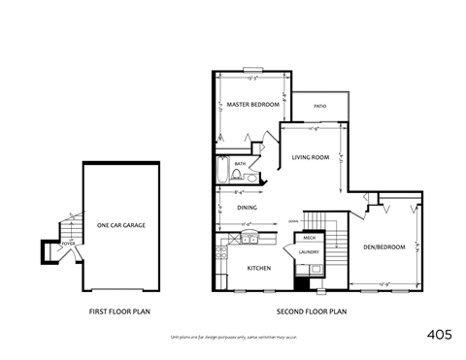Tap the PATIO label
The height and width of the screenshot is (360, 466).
319,106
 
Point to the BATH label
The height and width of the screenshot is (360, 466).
240,164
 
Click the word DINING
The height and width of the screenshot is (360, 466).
247,208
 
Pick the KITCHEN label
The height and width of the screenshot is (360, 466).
258,269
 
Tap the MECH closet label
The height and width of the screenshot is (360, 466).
310,238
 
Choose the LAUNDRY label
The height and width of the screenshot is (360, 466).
310,253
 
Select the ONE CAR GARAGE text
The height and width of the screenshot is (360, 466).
121,225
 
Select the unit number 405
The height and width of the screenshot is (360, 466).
440,333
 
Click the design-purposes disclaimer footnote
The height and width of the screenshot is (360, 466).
232,335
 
